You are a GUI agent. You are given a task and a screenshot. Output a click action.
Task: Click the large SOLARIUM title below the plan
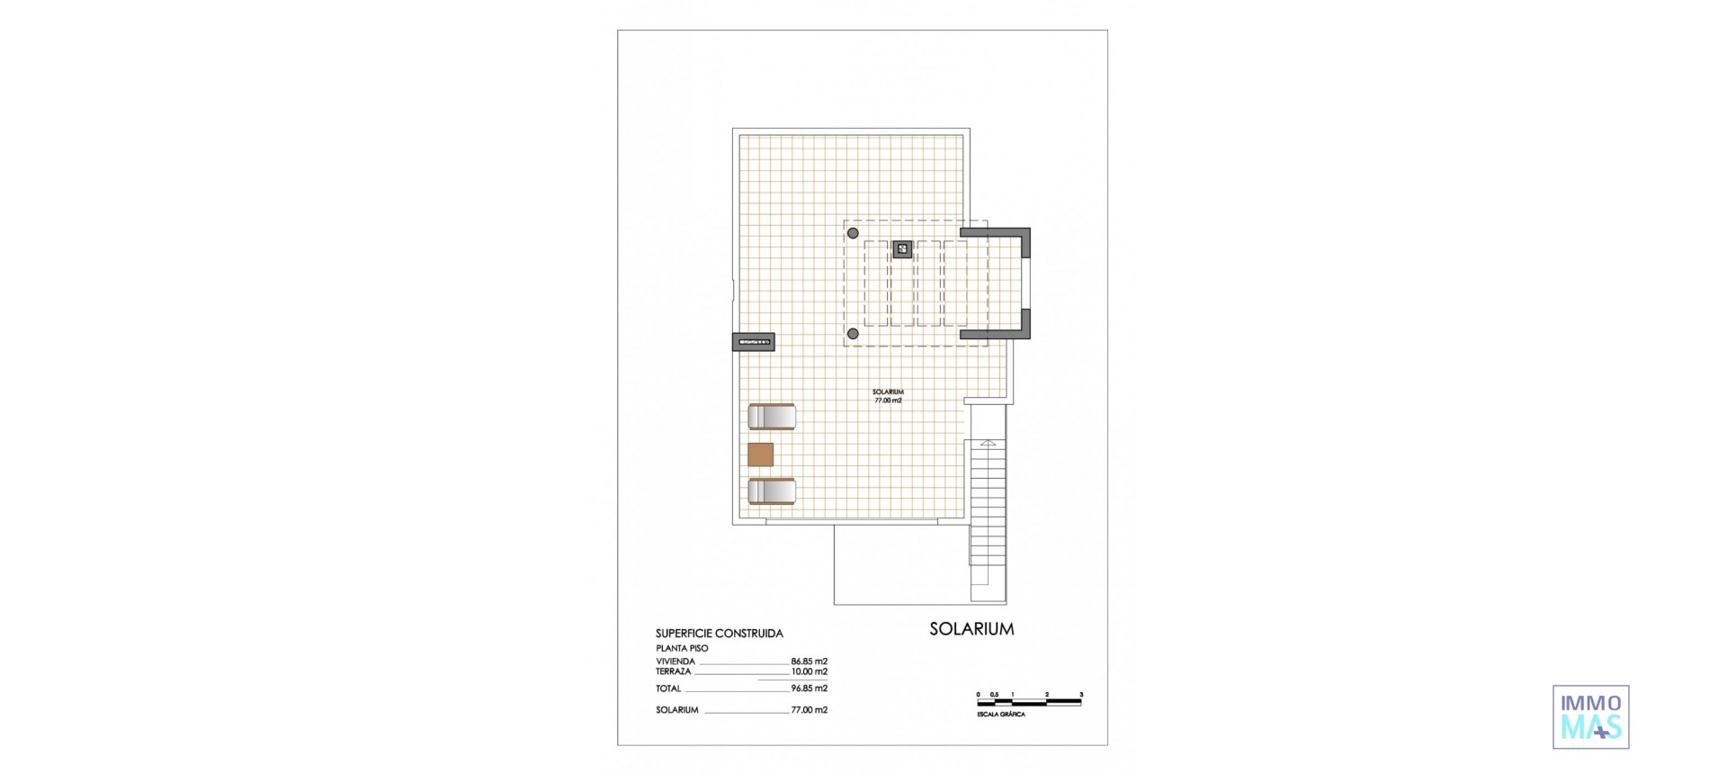(971, 629)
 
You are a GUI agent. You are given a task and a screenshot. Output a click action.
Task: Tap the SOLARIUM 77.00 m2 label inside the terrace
(888, 396)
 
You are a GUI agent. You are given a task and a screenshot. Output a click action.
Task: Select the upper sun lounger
(772, 417)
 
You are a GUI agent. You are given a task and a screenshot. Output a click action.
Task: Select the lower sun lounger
(772, 491)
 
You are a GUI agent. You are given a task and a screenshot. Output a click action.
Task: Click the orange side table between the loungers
(760, 454)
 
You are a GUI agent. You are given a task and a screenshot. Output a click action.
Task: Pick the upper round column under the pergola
(853, 234)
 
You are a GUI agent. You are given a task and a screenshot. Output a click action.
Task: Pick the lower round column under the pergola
(853, 334)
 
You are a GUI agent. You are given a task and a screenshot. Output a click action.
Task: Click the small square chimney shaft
(903, 249)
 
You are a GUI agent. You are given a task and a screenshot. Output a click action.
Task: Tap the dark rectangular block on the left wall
(753, 342)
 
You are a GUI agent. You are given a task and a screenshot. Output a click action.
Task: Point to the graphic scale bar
(1029, 698)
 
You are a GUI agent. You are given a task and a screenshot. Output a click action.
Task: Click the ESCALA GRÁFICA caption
(1000, 714)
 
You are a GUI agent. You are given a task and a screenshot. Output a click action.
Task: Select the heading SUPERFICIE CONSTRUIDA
(719, 634)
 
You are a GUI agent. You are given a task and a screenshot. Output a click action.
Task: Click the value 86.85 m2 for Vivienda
(809, 661)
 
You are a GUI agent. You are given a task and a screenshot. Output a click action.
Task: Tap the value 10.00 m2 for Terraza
(809, 671)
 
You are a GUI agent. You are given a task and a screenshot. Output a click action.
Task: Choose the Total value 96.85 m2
(809, 688)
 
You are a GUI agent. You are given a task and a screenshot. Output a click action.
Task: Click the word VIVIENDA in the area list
(676, 661)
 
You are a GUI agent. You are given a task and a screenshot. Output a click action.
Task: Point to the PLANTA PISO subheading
(682, 648)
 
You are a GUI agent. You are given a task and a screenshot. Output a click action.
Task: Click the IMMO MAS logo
(1590, 716)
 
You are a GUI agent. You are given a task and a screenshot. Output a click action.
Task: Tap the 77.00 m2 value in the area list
(809, 710)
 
